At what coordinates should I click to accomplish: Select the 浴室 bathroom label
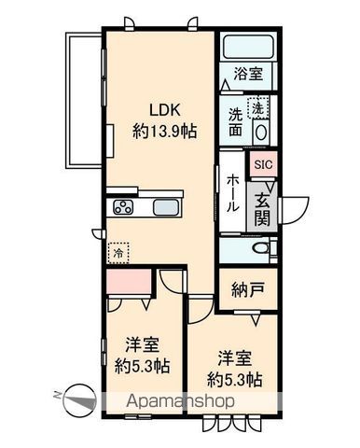[247, 73]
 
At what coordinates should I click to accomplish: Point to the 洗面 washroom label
[237, 124]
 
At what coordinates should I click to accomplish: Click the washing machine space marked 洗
[257, 107]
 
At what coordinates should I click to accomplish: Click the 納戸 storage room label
[247, 287]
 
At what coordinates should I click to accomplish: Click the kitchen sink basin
[167, 207]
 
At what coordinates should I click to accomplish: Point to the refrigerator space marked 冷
[118, 251]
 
